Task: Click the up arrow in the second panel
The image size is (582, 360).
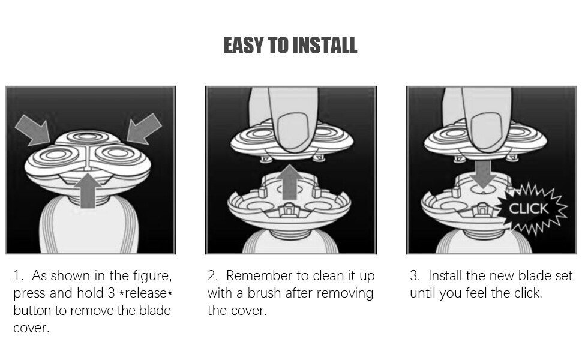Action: [290, 182]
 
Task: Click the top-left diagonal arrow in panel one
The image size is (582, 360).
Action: [32, 130]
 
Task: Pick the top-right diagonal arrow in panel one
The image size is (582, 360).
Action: [144, 129]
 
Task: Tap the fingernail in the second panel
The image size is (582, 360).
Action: [293, 132]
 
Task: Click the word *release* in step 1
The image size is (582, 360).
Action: [146, 293]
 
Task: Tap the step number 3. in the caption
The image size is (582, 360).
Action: [415, 276]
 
